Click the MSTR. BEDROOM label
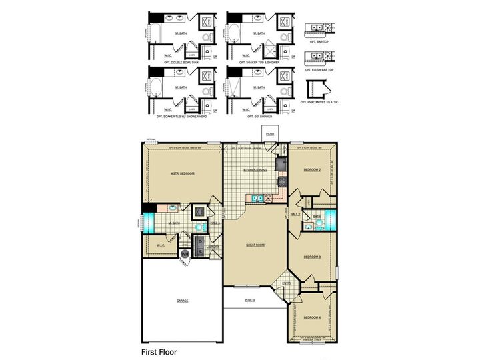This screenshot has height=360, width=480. click(x=182, y=173)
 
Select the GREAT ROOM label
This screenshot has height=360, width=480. click(x=255, y=245)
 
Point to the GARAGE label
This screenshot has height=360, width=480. click(x=182, y=301)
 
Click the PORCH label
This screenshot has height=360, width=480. click(x=249, y=300)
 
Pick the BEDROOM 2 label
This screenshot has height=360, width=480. click(x=313, y=170)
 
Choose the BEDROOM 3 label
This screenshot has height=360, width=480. click(x=313, y=257)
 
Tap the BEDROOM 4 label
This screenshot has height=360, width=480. click(x=312, y=317)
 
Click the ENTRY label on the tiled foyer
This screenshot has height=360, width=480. click(x=287, y=283)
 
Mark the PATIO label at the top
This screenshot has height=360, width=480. click(x=270, y=134)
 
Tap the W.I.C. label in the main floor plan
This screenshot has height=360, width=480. click(x=161, y=245)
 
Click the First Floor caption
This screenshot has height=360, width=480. click(x=159, y=351)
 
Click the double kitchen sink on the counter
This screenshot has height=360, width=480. click(x=256, y=197)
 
